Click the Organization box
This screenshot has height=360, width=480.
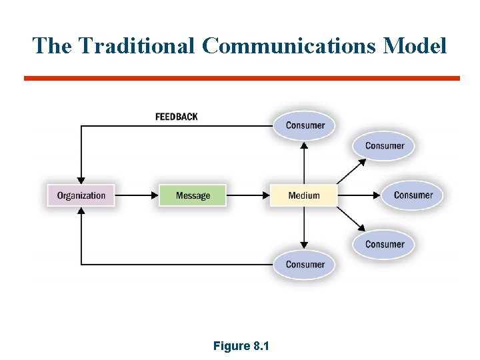(81, 195)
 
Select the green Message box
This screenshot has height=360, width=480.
(193, 195)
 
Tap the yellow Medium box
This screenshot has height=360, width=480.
(304, 195)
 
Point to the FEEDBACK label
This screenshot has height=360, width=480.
(177, 117)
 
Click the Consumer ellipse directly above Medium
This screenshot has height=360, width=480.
(305, 125)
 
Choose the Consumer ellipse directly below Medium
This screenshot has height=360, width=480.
(305, 264)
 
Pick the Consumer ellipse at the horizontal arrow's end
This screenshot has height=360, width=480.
(413, 195)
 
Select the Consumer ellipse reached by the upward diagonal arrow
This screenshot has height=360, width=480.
(385, 146)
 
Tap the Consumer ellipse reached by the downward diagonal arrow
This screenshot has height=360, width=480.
(385, 244)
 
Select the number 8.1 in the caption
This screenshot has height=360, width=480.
(261, 346)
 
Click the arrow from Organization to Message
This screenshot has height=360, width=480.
(137, 195)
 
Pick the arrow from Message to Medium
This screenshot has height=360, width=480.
(248, 195)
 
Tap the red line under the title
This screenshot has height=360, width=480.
(241, 78)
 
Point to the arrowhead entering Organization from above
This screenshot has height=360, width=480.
(81, 179)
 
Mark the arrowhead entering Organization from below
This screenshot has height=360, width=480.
(81, 211)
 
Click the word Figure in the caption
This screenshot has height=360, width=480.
(230, 346)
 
